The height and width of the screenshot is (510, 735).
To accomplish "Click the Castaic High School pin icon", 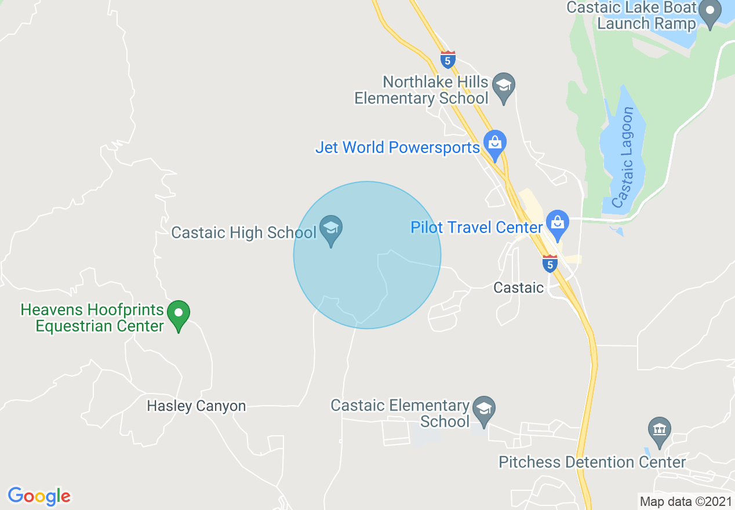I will click(x=331, y=230).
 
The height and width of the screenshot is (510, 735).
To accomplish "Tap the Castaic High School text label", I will click(x=243, y=233).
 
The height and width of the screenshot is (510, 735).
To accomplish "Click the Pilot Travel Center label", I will click(x=476, y=227).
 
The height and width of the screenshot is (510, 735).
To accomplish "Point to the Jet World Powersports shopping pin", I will click(x=495, y=144).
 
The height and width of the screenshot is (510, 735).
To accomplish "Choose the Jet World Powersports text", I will click(x=397, y=147).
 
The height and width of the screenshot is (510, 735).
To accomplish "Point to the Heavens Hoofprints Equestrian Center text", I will click(x=93, y=318).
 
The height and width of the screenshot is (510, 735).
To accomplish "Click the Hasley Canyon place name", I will click(x=196, y=406).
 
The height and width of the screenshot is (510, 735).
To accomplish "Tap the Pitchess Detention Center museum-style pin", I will click(x=659, y=431).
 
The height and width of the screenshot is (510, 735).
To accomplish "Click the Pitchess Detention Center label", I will click(x=592, y=462).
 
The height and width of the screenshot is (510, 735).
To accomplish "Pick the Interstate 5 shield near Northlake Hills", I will click(x=447, y=59).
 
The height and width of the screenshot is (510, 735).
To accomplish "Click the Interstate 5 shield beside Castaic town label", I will click(x=550, y=264).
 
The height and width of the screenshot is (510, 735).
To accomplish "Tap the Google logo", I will click(x=39, y=496).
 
